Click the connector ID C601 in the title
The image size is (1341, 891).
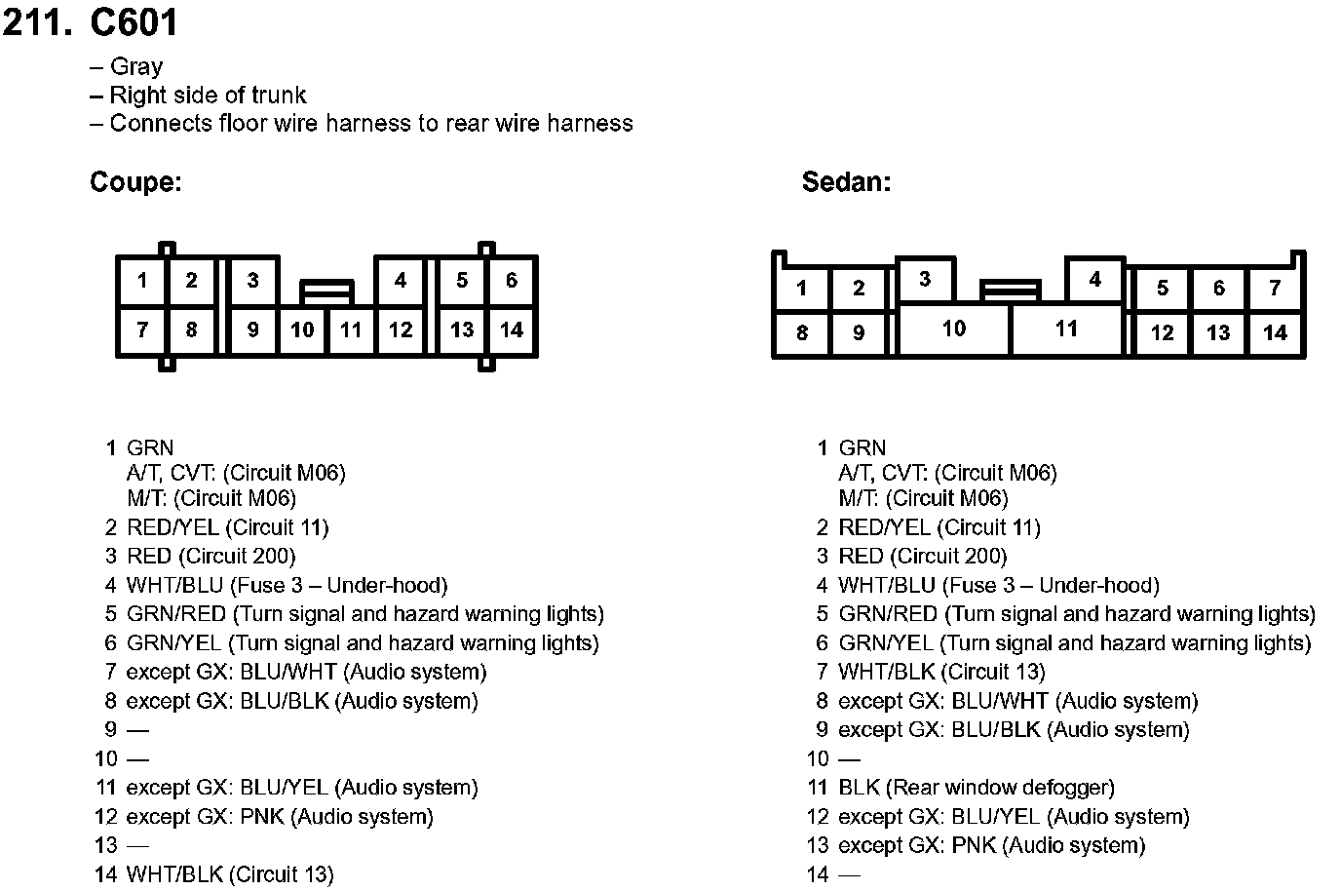[x=134, y=22]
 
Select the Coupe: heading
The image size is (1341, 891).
[x=135, y=182]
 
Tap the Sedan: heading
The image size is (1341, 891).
[x=846, y=182]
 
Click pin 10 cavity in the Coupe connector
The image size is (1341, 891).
[x=302, y=329]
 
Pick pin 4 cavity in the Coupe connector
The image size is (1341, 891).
[x=401, y=281]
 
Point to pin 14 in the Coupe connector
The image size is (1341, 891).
[x=512, y=329]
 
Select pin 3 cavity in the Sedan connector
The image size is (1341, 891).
[x=925, y=280]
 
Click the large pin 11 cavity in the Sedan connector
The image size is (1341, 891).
[x=1067, y=329]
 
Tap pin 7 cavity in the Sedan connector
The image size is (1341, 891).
[x=1275, y=289]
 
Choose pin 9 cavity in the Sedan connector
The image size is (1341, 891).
[x=859, y=333]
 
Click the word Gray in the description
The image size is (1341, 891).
[x=136, y=66]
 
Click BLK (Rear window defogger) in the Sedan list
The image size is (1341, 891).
[x=976, y=788]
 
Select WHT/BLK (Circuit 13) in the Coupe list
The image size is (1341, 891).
[x=230, y=874]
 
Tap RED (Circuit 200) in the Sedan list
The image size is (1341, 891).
[x=923, y=557]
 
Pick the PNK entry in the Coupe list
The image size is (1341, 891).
[x=280, y=817]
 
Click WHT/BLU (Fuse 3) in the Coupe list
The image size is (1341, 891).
[x=287, y=586]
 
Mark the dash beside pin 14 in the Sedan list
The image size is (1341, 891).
[x=850, y=874]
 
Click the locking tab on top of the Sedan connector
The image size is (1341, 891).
[x=1010, y=290]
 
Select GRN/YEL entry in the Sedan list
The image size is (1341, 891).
[x=1074, y=643]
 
